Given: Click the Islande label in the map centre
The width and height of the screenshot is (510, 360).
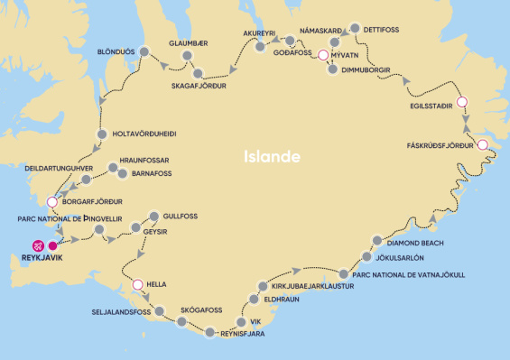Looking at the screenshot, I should coord(272,156).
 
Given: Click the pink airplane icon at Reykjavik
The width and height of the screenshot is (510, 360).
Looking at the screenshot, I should coord(37,245).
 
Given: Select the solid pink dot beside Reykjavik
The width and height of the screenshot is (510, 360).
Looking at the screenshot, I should coord(53,245).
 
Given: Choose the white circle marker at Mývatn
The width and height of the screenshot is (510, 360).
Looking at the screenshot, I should coord(323,56).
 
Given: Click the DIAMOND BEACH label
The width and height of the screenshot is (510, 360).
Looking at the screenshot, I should coord(416,243).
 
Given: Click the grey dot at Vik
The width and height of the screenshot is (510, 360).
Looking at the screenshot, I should coord(241,321).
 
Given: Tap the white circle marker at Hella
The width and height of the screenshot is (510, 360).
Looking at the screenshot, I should coord(137,285).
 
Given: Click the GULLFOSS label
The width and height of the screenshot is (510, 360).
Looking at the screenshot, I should coord(181,217).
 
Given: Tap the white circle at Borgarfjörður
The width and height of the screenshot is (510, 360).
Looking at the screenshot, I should coord(52,202).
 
